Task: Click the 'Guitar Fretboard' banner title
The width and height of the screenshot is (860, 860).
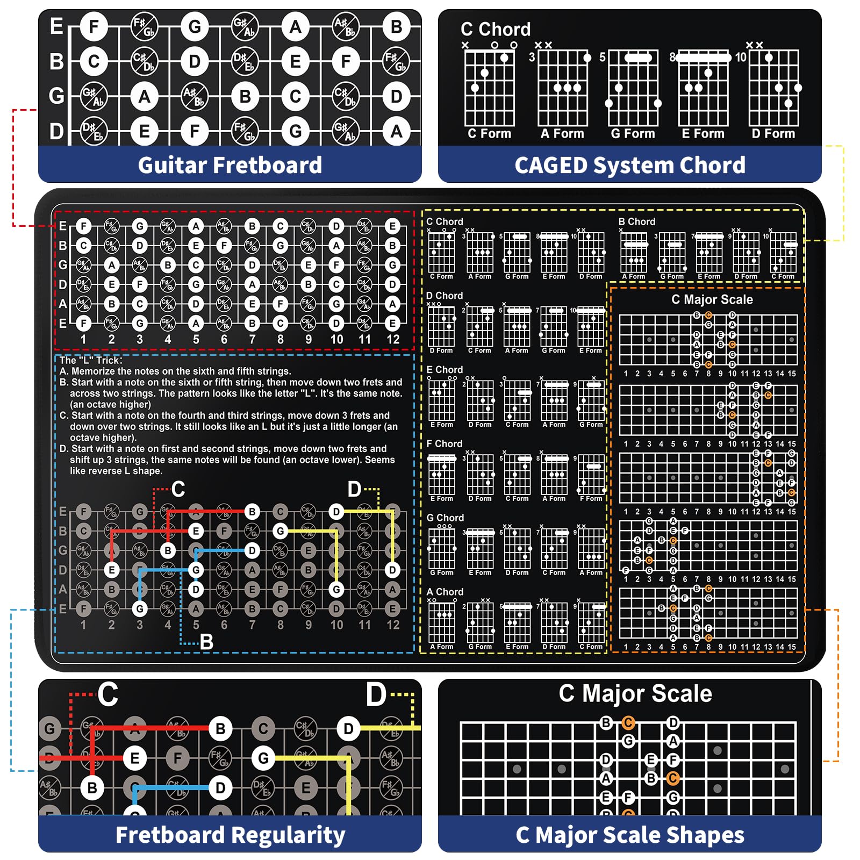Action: coord(230,165)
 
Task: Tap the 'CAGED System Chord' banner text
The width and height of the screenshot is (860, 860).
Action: coord(630,165)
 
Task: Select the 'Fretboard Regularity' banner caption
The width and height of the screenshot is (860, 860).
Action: coord(230,835)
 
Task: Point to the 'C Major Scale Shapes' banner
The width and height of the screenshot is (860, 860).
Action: coord(630,835)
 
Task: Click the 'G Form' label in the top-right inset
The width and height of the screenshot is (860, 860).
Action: coord(633,134)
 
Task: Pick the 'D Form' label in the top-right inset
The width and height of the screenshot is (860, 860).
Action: coord(773,134)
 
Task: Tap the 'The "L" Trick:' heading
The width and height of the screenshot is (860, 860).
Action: coord(91,360)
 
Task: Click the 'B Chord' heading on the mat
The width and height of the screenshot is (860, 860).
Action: coord(636,221)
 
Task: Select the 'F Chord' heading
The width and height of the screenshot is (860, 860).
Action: coord(444,443)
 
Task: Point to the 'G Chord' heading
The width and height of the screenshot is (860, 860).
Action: coord(445,518)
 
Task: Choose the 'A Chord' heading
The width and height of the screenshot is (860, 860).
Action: coord(445,592)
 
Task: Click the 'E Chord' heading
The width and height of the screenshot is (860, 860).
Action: coord(444,370)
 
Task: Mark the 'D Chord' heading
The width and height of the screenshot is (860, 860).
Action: coord(444,296)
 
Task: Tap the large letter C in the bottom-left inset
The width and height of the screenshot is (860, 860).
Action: coord(108,694)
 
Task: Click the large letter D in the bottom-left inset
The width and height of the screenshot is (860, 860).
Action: coord(376,694)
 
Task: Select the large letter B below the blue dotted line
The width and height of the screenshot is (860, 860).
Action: coord(206,642)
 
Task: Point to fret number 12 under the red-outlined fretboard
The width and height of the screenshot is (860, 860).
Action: coord(393,340)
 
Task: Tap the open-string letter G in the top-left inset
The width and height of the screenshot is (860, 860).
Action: coord(56,96)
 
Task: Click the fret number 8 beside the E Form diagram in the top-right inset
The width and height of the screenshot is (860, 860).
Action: coord(672,57)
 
